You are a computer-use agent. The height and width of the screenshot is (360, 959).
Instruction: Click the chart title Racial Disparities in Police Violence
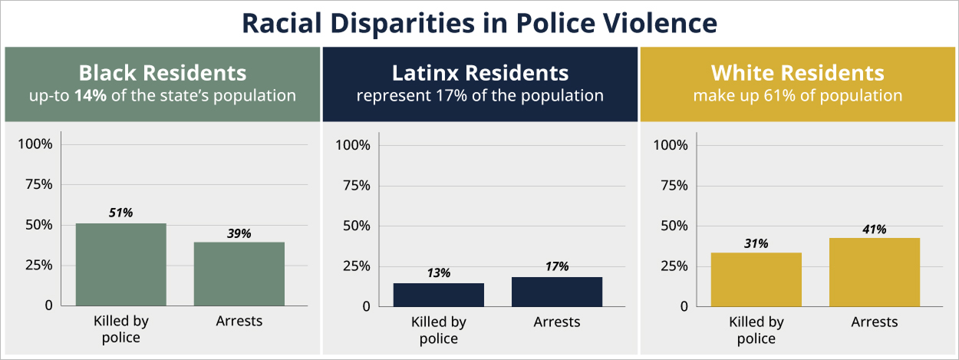pyautogui.click(x=479, y=23)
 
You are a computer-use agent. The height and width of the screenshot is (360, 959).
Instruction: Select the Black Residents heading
pyautogui.click(x=163, y=73)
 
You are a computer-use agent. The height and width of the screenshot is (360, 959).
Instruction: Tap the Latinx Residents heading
pyautogui.click(x=480, y=73)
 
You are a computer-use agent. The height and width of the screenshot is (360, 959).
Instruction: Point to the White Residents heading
pyautogui.click(x=798, y=73)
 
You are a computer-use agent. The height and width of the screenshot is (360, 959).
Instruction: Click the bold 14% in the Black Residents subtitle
pyautogui.click(x=91, y=96)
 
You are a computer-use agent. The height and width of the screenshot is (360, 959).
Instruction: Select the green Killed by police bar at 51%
pyautogui.click(x=121, y=264)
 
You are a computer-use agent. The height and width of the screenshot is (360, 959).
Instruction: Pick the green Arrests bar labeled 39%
pyautogui.click(x=239, y=274)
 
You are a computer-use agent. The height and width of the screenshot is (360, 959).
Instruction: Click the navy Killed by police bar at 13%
pyautogui.click(x=439, y=295)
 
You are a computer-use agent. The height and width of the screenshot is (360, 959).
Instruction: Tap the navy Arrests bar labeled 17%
pyautogui.click(x=557, y=292)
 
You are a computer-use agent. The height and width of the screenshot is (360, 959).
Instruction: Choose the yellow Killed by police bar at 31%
pyautogui.click(x=756, y=279)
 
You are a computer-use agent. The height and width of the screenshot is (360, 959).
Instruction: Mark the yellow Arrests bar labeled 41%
pyautogui.click(x=875, y=272)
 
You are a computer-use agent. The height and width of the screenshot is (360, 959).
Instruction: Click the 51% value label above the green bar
pyautogui.click(x=120, y=213)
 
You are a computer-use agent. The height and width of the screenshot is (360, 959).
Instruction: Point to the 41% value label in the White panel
pyautogui.click(x=875, y=230)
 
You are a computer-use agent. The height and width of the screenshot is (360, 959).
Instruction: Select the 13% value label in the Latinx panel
pyautogui.click(x=438, y=273)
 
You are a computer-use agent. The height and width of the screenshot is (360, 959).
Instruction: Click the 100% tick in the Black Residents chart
pyautogui.click(x=35, y=144)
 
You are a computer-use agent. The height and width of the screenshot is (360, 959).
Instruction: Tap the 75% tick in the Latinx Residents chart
pyautogui.click(x=357, y=186)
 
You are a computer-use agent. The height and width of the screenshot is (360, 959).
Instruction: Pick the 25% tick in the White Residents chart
pyautogui.click(x=674, y=266)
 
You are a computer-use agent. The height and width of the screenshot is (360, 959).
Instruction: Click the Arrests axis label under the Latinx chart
pyautogui.click(x=557, y=322)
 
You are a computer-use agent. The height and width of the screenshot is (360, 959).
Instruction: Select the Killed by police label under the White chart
pyautogui.click(x=756, y=330)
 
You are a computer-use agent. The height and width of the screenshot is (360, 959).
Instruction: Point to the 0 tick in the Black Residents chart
pyautogui.click(x=49, y=306)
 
